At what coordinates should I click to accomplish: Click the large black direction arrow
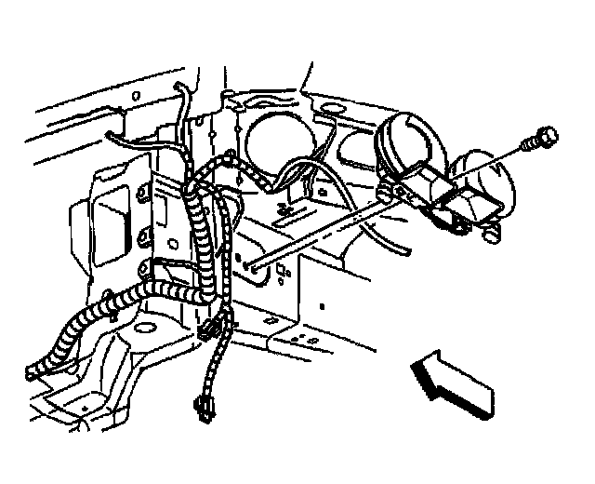[x=452, y=378]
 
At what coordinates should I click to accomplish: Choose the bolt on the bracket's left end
[x=399, y=191]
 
